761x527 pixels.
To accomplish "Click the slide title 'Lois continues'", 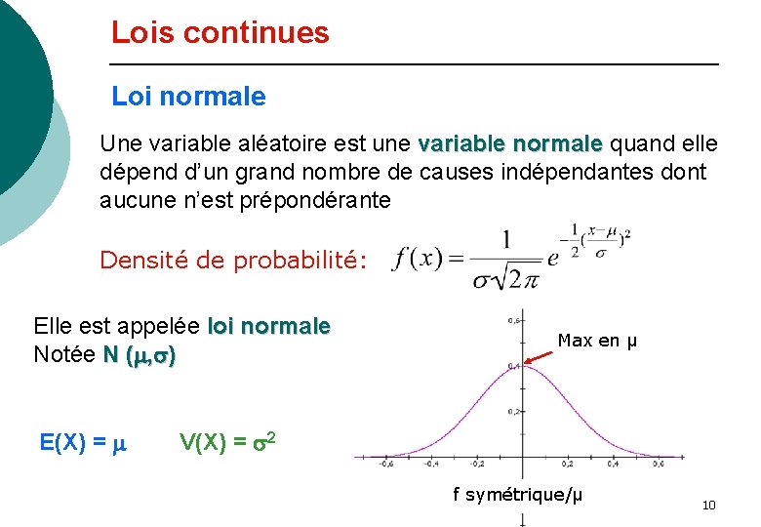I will [x=220, y=33].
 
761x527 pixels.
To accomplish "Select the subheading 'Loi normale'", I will [x=188, y=97].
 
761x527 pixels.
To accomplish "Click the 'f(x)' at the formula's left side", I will [x=418, y=260].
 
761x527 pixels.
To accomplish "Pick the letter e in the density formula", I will [x=553, y=258].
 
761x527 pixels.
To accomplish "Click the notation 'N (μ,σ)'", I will [x=140, y=356].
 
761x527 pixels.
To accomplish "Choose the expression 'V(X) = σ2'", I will [x=230, y=442].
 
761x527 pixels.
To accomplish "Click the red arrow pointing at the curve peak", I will [x=540, y=355].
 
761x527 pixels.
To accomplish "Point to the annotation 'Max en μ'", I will [x=597, y=341].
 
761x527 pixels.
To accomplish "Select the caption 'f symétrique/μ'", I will [x=517, y=495].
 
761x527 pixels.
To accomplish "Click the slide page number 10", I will [x=708, y=505].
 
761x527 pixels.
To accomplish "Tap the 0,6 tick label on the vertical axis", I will [x=512, y=320].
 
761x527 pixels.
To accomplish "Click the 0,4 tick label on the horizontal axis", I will [x=613, y=466].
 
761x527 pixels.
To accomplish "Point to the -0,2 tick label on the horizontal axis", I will [x=477, y=466].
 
